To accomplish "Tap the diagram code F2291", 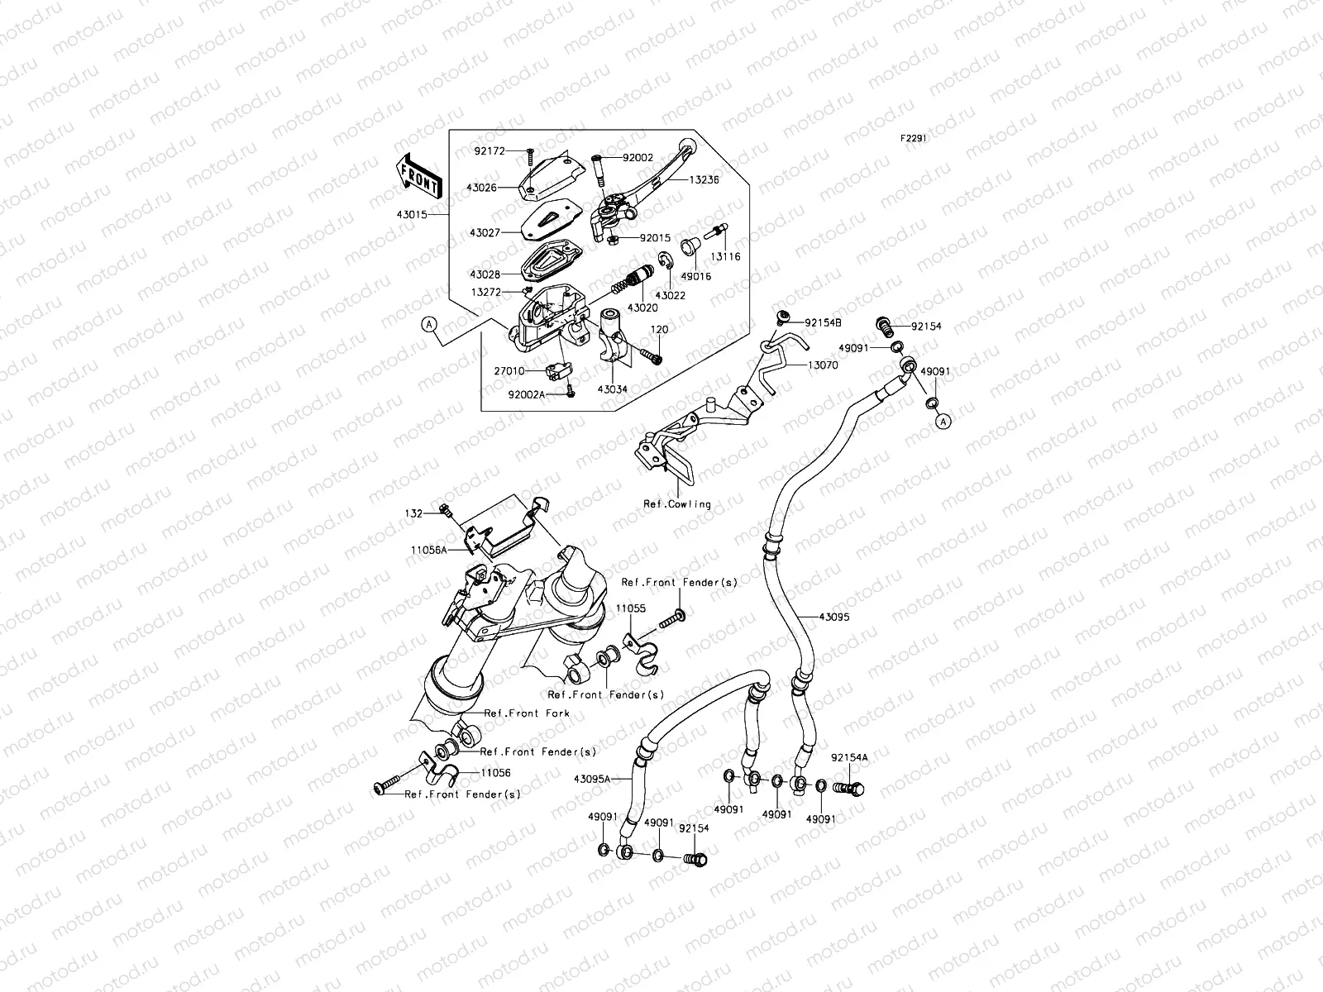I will (914, 139).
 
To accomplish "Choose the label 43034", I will (611, 389).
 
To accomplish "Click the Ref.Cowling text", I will (677, 503).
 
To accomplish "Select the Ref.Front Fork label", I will (527, 713).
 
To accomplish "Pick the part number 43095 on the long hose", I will (833, 617).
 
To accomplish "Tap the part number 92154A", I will (849, 757).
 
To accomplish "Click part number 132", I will (413, 514).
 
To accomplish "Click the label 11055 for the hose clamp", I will (630, 608).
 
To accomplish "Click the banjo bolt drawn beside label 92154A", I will (851, 789).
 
